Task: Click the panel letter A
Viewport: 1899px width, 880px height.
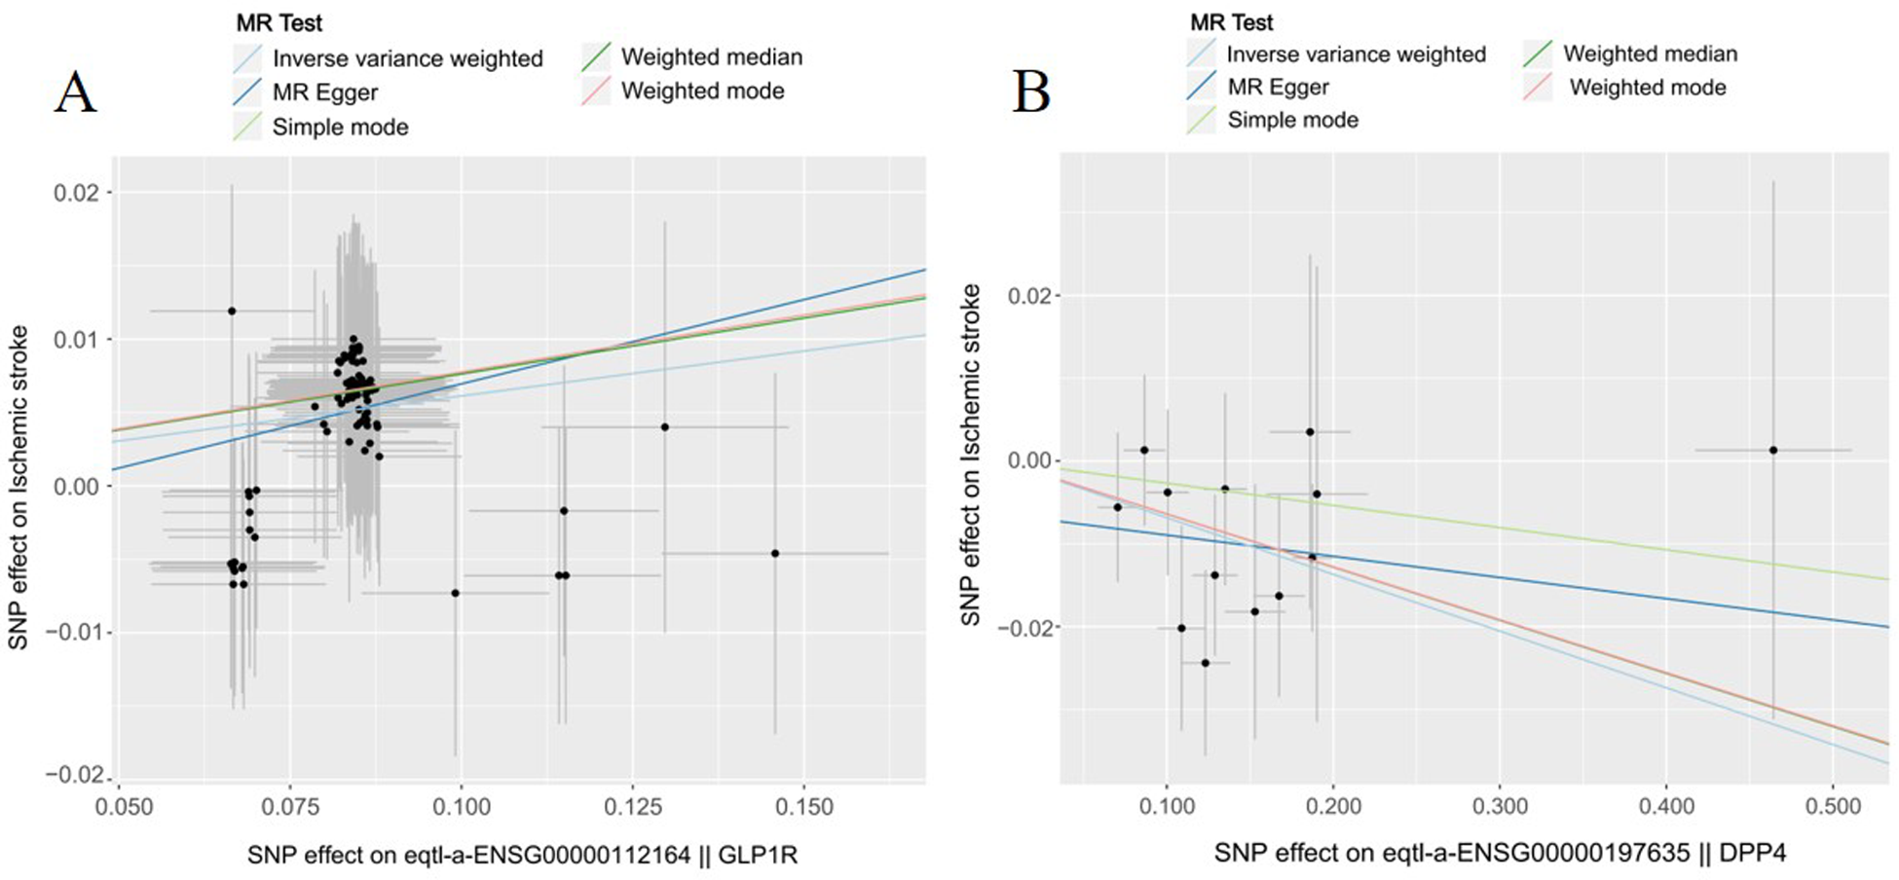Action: [x=74, y=93]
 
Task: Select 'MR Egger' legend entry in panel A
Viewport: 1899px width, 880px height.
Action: [x=324, y=92]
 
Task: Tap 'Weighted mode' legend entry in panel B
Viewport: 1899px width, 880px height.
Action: [x=1647, y=88]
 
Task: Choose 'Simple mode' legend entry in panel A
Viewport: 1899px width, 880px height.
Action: [x=339, y=127]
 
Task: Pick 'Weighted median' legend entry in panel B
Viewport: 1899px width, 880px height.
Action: [x=1650, y=54]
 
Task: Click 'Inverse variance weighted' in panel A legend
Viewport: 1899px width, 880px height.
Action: [x=407, y=58]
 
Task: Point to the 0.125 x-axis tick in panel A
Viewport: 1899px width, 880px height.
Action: [x=633, y=807]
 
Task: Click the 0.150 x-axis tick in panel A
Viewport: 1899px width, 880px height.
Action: [x=804, y=807]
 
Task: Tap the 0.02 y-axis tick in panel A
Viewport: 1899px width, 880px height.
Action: [x=76, y=192]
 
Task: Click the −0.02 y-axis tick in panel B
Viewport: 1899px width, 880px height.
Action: [x=1024, y=628]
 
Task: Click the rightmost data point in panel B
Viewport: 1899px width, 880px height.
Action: [x=1773, y=450]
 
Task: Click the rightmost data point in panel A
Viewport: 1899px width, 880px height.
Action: [x=775, y=553]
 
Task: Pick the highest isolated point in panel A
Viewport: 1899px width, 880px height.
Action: [x=232, y=311]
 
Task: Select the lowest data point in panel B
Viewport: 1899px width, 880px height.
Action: [x=1205, y=663]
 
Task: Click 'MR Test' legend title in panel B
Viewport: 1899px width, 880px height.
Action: [x=1231, y=21]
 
